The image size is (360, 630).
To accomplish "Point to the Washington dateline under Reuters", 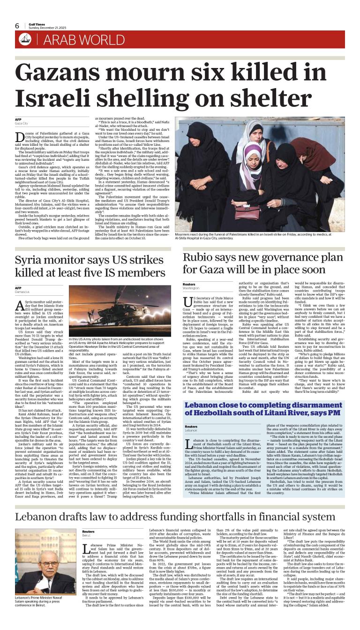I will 191,288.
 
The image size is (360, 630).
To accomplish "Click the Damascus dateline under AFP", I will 23,292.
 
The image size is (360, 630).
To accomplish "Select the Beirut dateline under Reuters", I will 87,535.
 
